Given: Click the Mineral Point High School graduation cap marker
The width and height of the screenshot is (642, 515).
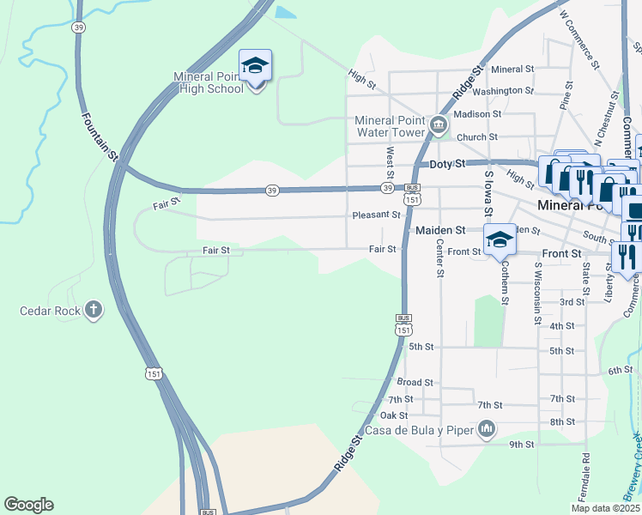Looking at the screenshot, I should click(255, 66).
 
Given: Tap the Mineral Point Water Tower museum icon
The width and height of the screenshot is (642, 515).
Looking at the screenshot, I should click(439, 126).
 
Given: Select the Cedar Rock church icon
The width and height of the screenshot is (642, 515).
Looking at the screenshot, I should click(94, 310).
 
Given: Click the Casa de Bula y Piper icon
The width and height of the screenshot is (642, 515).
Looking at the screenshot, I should click(487, 427).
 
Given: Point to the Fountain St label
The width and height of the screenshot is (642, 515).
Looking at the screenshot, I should click(99, 136).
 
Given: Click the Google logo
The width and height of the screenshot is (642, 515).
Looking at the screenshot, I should click(28, 505).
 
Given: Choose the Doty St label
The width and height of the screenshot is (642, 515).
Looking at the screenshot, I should click(447, 163).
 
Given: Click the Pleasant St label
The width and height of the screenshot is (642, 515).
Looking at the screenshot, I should click(376, 215).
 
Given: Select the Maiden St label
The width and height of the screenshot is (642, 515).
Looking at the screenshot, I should click(439, 230).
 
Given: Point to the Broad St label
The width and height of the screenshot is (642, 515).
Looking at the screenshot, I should click(415, 382).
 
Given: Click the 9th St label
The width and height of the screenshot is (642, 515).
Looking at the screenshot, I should click(521, 445).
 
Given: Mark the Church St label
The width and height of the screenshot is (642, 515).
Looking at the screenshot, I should click(477, 137).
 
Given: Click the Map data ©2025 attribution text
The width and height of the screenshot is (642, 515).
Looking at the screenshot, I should click(605, 508).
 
